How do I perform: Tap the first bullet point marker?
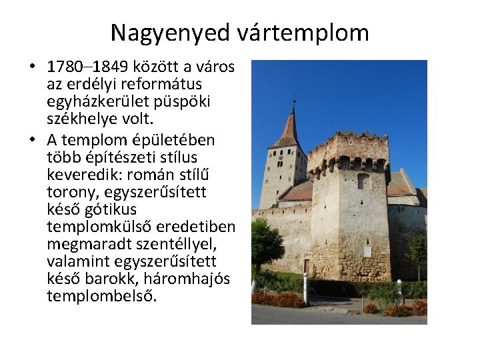tap(31, 67)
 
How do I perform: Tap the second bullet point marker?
tap(31, 140)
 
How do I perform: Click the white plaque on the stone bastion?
tap(367, 251)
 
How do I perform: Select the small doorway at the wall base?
tap(306, 266)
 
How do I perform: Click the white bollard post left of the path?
tap(305, 288)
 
